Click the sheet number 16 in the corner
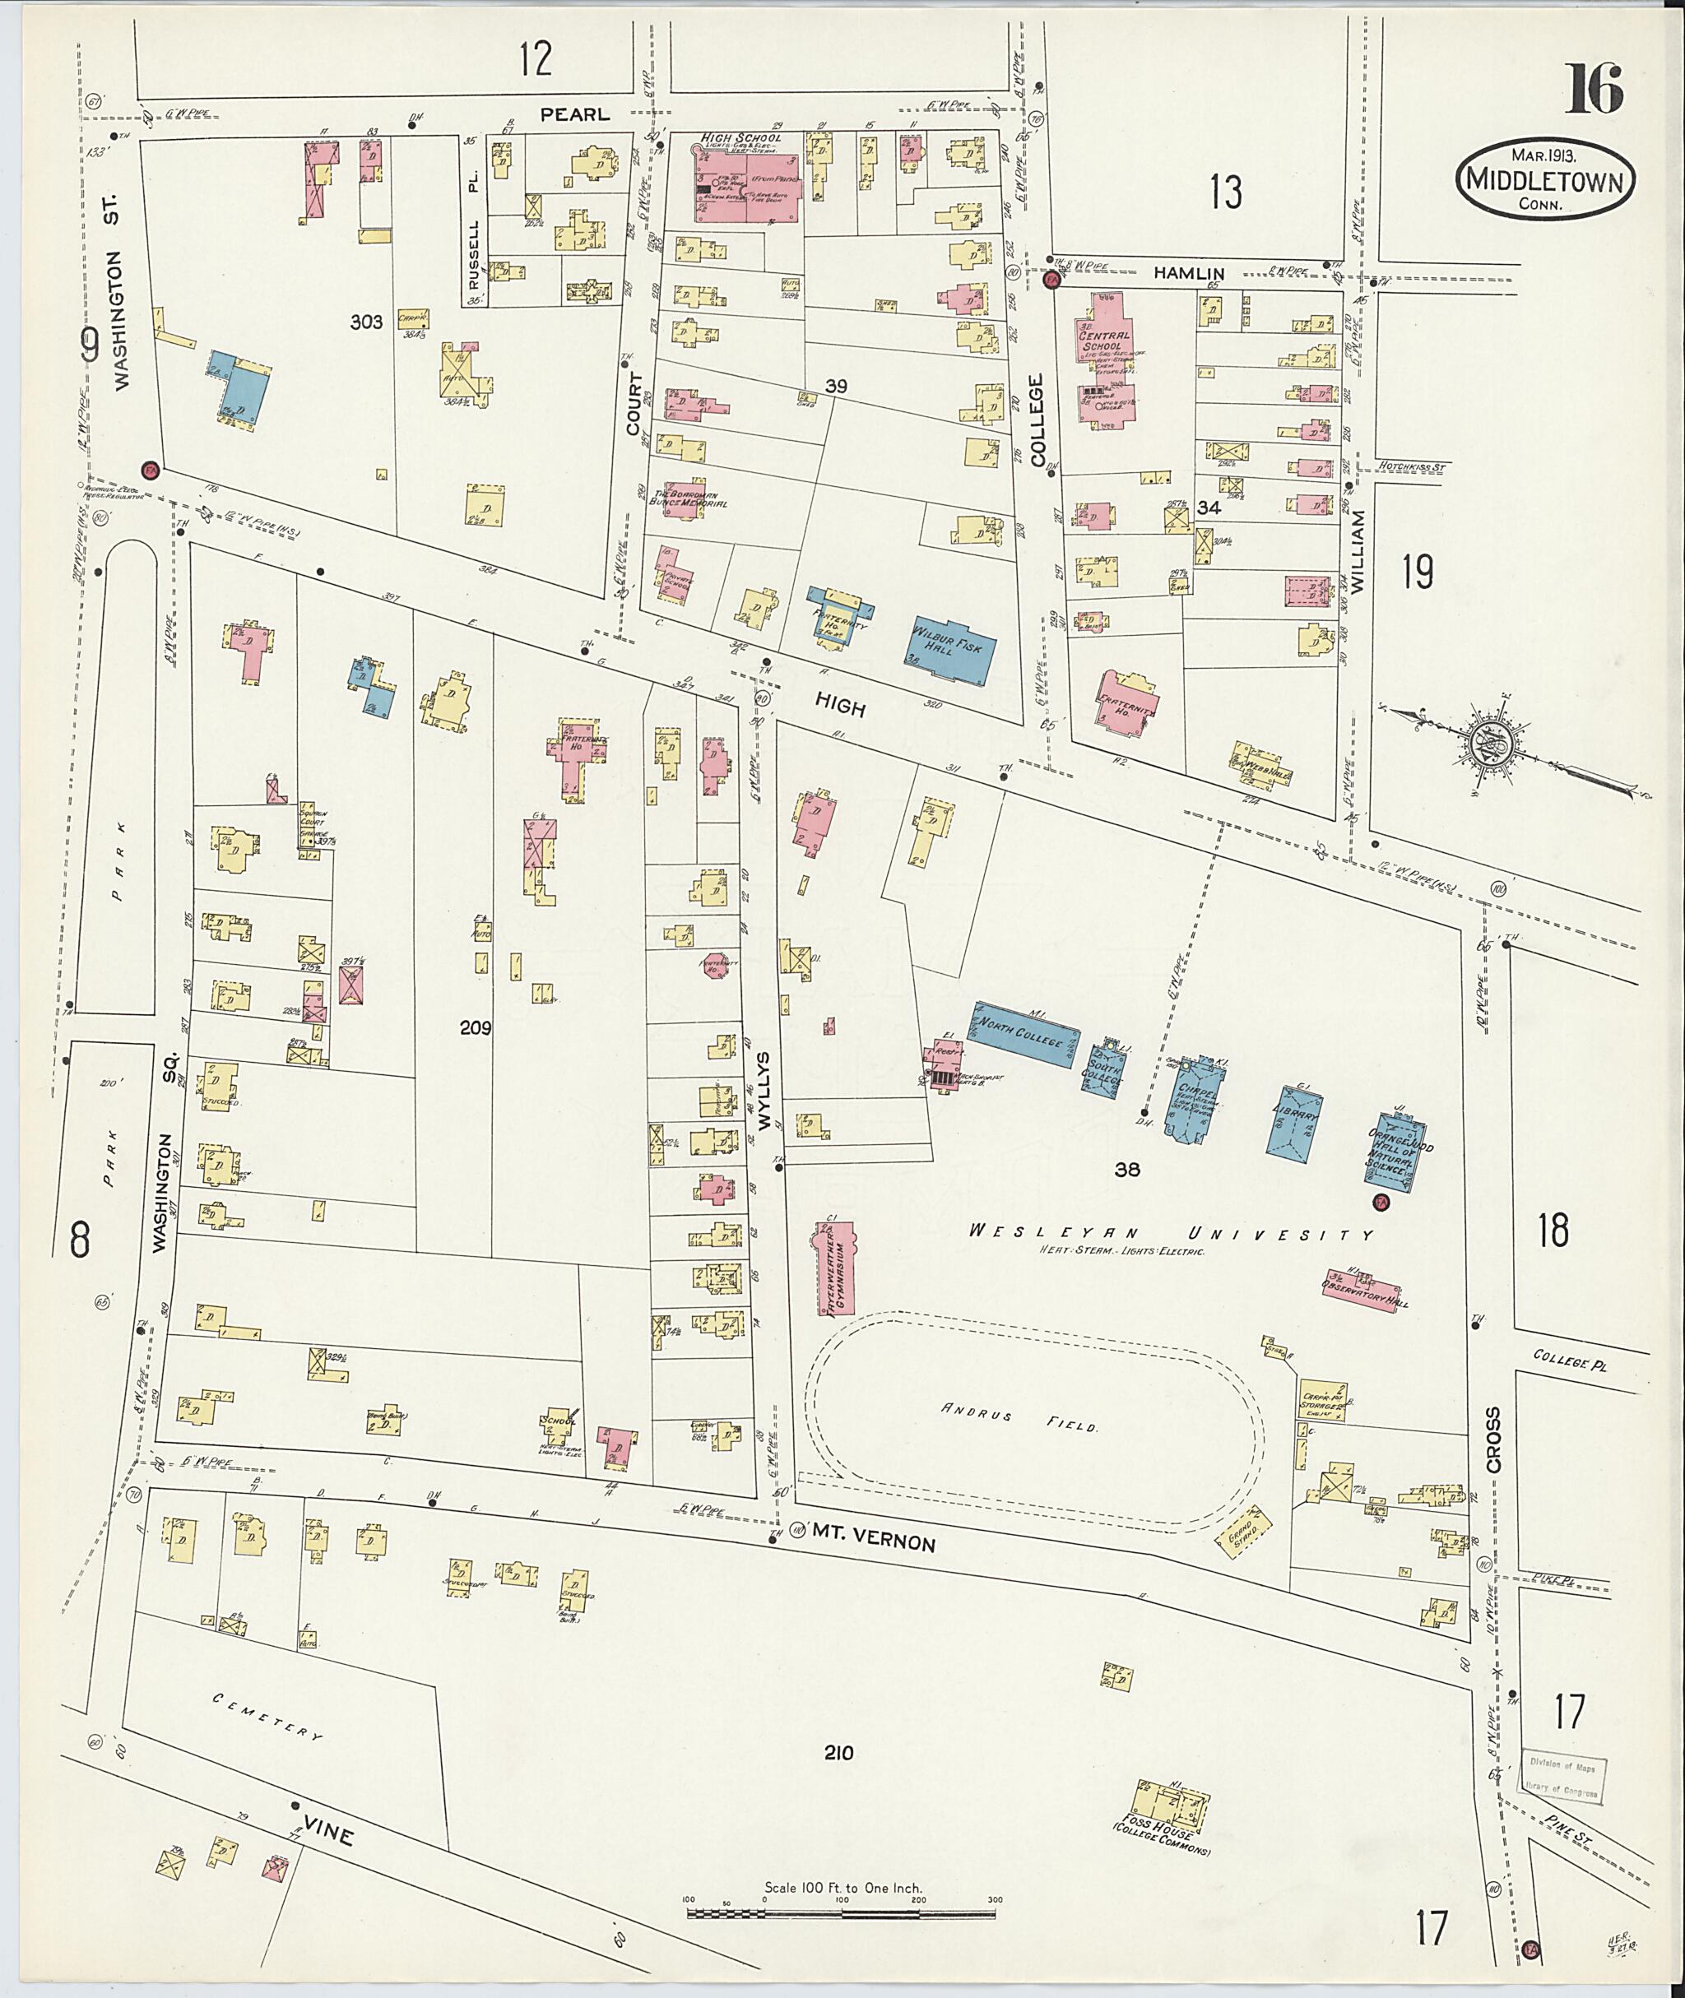[1594, 91]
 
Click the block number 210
[838, 1753]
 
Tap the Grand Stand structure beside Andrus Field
[1242, 1530]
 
